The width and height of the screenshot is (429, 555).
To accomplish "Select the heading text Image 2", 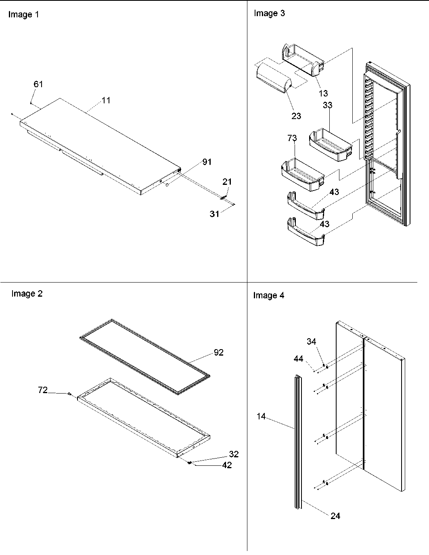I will [27, 294].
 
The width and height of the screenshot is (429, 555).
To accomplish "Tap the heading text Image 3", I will [269, 13].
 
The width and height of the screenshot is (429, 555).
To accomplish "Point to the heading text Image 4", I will [268, 295].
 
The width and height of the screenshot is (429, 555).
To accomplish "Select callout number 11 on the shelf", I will [106, 100].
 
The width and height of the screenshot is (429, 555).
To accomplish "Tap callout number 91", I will [207, 162].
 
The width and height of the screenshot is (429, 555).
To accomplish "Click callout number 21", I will [227, 182].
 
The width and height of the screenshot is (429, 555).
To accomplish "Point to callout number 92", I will [218, 352].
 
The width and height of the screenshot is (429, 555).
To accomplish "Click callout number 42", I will [227, 465].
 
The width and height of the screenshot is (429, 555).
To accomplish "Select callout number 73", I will [292, 138].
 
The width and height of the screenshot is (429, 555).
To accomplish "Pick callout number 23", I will [296, 116].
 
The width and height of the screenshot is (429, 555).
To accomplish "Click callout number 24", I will [335, 515].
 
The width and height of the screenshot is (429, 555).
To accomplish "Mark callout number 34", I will [311, 341].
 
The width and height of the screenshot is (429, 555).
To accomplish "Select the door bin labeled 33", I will [328, 145].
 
